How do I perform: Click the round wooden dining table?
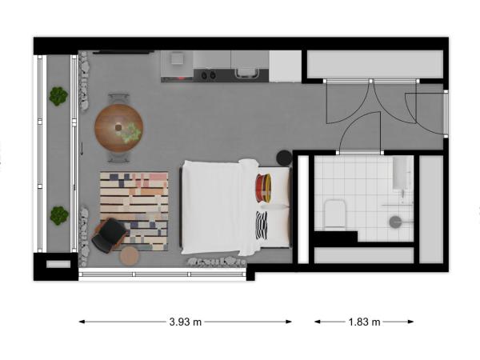pos(118,128)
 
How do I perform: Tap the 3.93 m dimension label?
pos(186,322)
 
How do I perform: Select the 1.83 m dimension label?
pos(364,322)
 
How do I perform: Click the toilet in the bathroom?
pos(335,214)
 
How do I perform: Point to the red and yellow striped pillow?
pos(263,188)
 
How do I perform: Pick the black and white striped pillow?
pos(262,225)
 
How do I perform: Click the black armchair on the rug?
pos(110,235)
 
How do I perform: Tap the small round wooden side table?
pos(130,256)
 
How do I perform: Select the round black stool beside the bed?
pos(284,158)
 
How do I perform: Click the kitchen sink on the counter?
pos(246,73)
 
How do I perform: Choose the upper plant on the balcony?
pos(58,96)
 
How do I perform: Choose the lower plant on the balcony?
pos(59,215)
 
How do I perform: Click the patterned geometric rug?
pos(134,211)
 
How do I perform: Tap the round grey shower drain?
pos(395,222)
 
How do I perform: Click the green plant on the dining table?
pos(132,134)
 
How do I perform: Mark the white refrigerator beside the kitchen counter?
pos(286,66)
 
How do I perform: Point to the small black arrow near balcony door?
pos(82,148)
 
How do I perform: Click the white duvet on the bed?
pos(219,207)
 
